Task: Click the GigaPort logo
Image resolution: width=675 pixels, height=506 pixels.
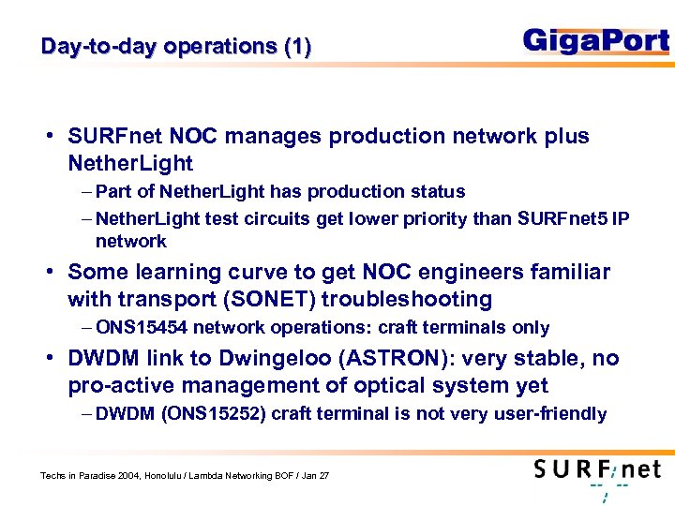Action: [595, 41]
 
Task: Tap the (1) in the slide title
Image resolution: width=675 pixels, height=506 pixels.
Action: [296, 46]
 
